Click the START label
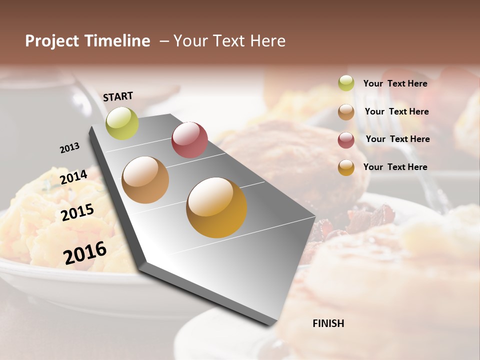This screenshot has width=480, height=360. click(118, 96)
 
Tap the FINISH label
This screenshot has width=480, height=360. click(328, 323)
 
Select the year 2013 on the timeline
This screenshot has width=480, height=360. click(69, 148)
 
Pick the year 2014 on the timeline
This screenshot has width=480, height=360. click(73, 177)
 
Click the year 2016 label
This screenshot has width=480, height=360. click(85, 253)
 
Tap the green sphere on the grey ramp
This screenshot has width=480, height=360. click(122, 123)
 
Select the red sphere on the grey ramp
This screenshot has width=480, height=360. click(189, 139)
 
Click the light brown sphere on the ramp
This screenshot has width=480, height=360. click(145, 180)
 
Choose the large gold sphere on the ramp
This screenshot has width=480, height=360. click(216, 207)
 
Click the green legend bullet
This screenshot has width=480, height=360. click(346, 83)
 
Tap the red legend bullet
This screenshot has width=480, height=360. click(346, 140)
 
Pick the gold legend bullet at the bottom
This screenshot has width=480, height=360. click(346, 167)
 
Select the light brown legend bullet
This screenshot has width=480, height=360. click(346, 112)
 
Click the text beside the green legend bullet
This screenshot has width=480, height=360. click(395, 83)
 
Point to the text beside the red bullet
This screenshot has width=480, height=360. click(397, 139)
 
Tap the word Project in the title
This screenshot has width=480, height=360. click(52, 41)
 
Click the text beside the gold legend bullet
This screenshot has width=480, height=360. click(395, 167)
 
